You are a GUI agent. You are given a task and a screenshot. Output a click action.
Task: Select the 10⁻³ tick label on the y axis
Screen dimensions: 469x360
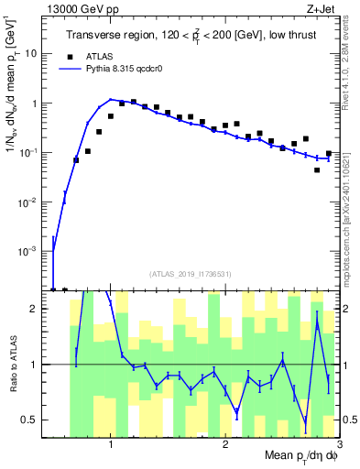pyautogui.click(x=33, y=251)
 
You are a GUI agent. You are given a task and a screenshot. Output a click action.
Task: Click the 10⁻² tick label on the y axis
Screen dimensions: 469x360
pyautogui.click(x=33, y=202)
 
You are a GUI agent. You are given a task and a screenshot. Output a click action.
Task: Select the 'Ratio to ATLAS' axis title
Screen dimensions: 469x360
pyautogui.click(x=13, y=365)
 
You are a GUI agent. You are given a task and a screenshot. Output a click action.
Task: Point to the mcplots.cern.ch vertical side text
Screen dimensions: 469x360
pyautogui.click(x=352, y=202)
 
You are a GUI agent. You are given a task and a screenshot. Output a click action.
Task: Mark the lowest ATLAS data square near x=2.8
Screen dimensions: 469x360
pyautogui.click(x=317, y=169)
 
